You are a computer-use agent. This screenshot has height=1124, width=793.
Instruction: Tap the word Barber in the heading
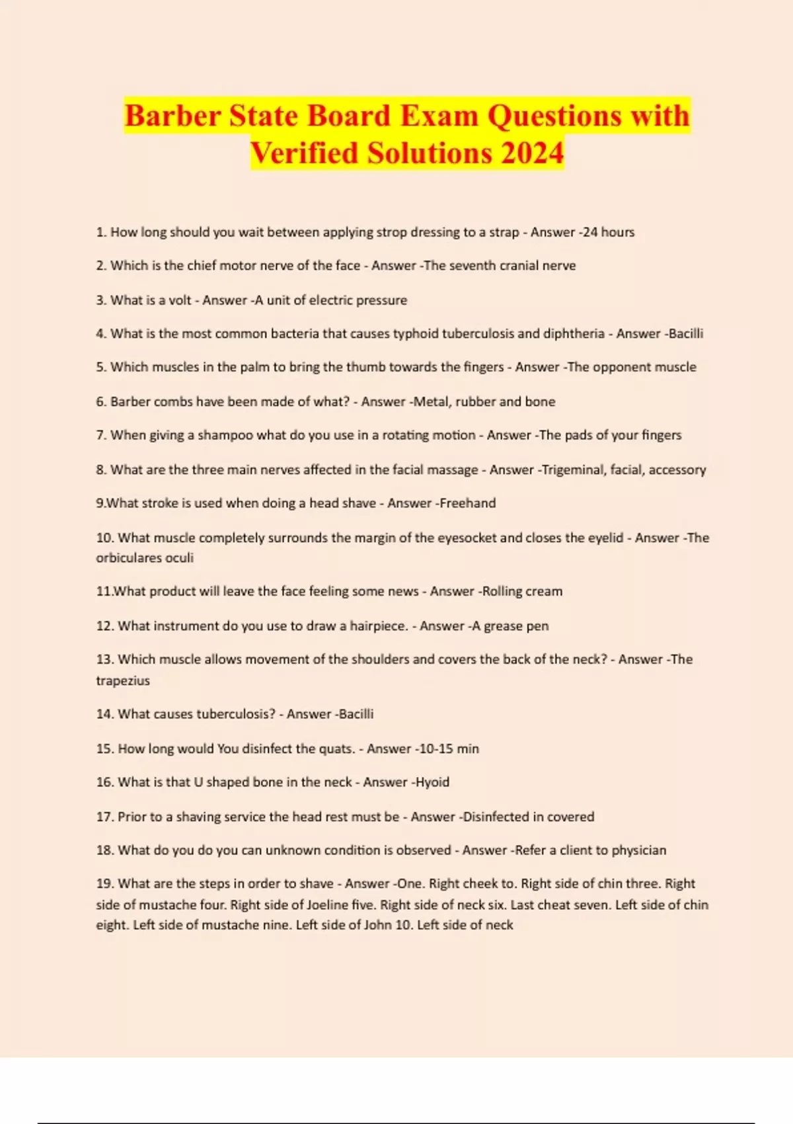(172, 116)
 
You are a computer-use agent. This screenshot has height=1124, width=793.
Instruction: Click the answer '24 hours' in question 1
(608, 232)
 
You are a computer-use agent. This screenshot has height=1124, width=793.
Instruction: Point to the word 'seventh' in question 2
(472, 266)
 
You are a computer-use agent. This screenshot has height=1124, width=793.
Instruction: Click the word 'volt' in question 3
(180, 300)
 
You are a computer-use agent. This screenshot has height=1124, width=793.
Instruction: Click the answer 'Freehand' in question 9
(468, 503)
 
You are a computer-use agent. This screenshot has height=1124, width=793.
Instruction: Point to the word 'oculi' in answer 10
(179, 557)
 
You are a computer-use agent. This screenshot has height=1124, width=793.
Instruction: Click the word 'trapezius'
(123, 680)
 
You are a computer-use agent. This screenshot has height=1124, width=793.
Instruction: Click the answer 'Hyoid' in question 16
(432, 782)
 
